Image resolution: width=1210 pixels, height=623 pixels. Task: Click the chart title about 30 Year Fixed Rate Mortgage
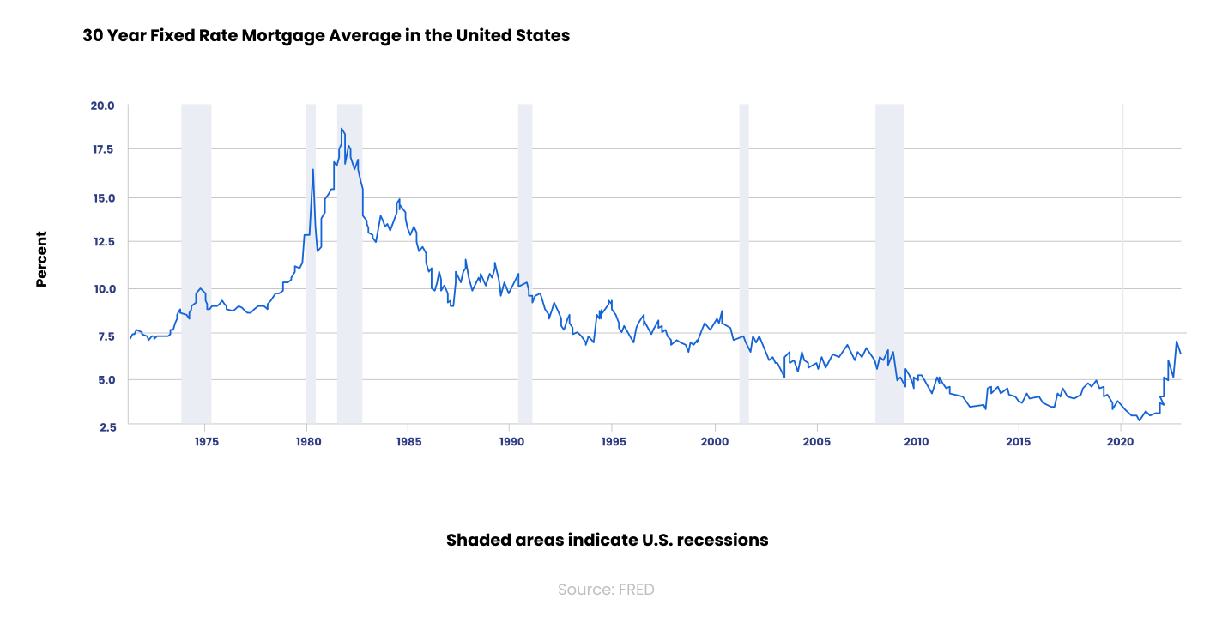[326, 36]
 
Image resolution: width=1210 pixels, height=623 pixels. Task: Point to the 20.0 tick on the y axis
[102, 106]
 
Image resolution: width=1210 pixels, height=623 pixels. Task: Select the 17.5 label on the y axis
[102, 149]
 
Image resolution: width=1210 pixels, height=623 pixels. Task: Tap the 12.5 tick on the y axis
[102, 241]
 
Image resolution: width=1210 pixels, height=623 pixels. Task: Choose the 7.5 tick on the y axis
[105, 336]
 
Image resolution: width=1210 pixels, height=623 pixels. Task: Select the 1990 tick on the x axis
[511, 442]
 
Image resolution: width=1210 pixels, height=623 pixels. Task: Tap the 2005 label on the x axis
[816, 442]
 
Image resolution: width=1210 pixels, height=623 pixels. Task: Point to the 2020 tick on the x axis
[1121, 442]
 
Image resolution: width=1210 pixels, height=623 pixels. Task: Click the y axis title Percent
[41, 258]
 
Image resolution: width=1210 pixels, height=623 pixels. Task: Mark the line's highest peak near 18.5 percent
[342, 129]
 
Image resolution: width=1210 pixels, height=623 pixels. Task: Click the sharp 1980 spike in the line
[312, 170]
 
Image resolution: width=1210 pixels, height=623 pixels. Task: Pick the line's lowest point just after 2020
[1140, 420]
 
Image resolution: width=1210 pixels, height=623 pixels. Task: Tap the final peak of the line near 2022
[1176, 342]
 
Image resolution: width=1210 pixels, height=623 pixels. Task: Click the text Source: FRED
[606, 590]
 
